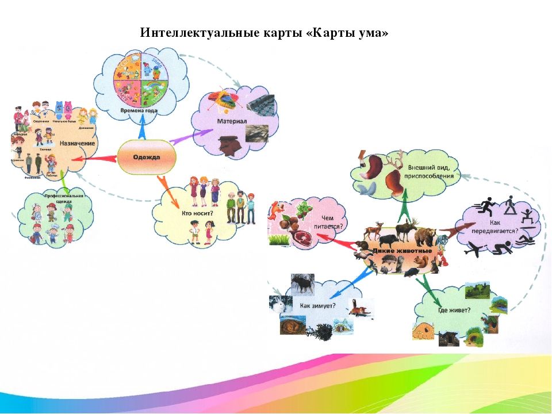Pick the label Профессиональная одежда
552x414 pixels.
(64, 199)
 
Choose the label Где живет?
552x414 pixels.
(455, 311)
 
